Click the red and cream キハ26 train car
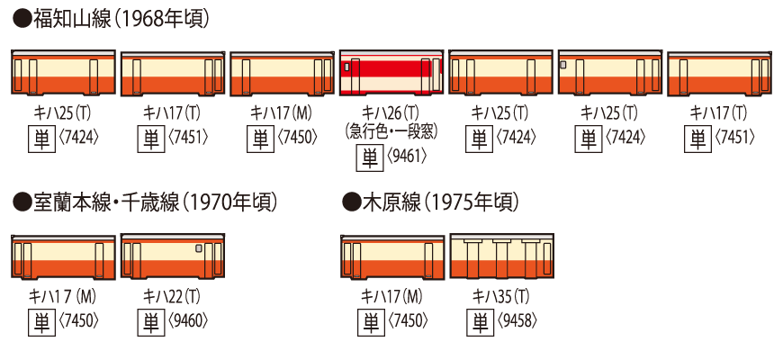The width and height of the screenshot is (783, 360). (391, 74)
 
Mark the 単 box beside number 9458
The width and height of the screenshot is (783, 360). (480, 321)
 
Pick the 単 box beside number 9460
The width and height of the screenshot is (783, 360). (150, 321)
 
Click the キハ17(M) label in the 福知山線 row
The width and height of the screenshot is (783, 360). (282, 112)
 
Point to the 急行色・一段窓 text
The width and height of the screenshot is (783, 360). (391, 131)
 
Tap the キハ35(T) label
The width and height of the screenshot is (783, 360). (501, 296)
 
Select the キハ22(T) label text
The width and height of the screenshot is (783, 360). (172, 296)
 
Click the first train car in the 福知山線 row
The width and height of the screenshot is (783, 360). (64, 74)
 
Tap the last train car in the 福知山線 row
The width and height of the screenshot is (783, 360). (719, 74)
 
